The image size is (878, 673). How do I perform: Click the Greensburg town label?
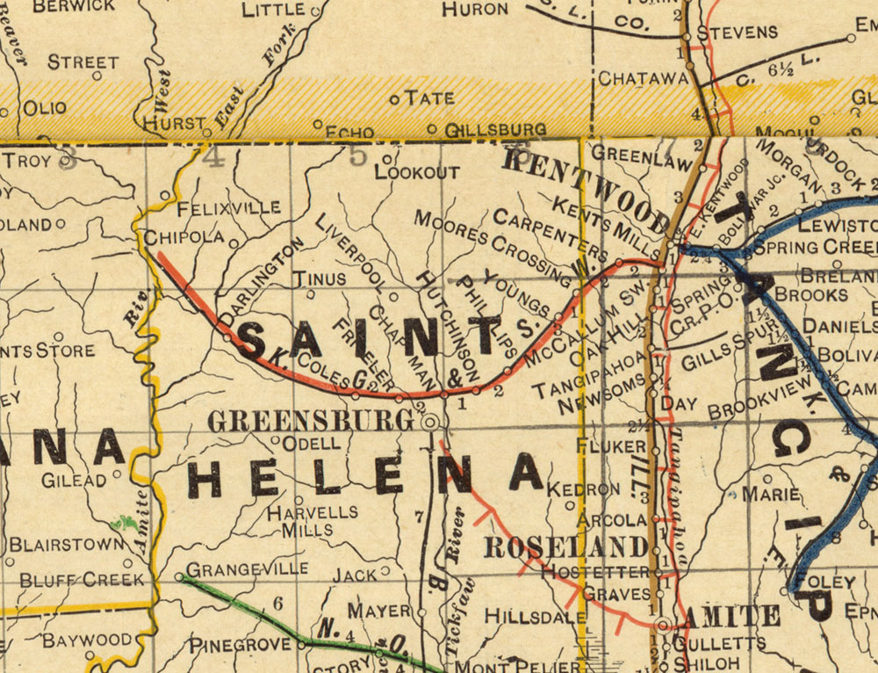(x=310, y=422)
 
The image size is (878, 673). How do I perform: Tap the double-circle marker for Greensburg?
(x=430, y=423)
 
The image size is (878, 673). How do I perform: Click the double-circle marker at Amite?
(x=665, y=625)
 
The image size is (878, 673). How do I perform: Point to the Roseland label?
(x=566, y=546)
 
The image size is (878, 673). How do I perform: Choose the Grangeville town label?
(x=247, y=568)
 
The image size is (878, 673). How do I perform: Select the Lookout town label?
(x=417, y=172)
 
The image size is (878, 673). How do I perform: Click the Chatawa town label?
(x=643, y=78)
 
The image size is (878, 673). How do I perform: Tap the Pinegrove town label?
(x=240, y=644)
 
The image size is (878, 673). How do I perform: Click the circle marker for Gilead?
(x=116, y=478)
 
